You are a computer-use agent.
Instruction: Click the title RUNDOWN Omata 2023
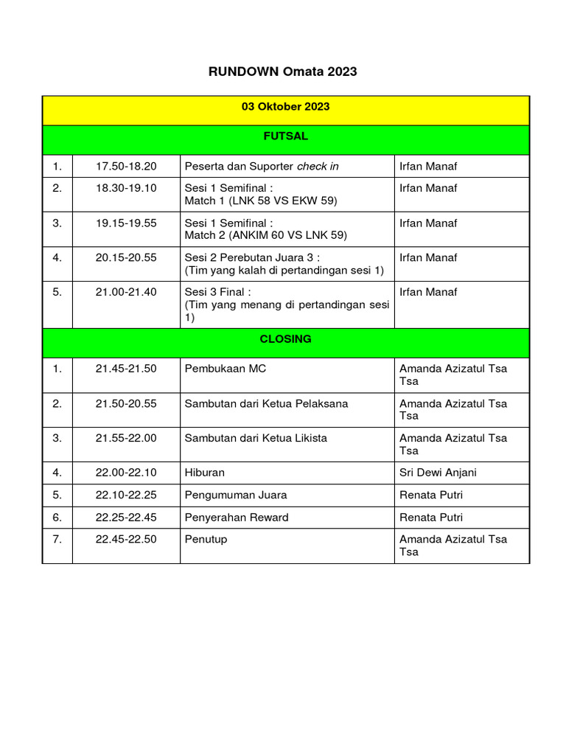(x=283, y=72)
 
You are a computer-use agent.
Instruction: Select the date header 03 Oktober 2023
(x=285, y=107)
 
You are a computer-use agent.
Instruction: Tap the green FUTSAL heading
(x=285, y=136)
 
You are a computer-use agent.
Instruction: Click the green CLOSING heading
(x=285, y=339)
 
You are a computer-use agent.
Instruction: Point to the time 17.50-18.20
(x=126, y=166)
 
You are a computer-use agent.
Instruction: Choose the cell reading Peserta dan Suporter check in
(x=261, y=166)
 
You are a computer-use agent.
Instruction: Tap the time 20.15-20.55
(x=126, y=257)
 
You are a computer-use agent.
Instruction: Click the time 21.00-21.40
(x=126, y=292)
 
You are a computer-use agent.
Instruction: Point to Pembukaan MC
(x=225, y=369)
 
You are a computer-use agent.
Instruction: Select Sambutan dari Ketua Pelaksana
(x=266, y=403)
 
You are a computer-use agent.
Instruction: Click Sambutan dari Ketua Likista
(x=255, y=438)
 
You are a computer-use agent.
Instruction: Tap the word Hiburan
(x=204, y=473)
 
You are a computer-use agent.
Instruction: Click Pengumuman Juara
(x=235, y=495)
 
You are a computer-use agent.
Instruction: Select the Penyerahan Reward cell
(x=236, y=517)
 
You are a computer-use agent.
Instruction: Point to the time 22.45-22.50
(x=126, y=539)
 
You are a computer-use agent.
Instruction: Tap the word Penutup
(x=206, y=539)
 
